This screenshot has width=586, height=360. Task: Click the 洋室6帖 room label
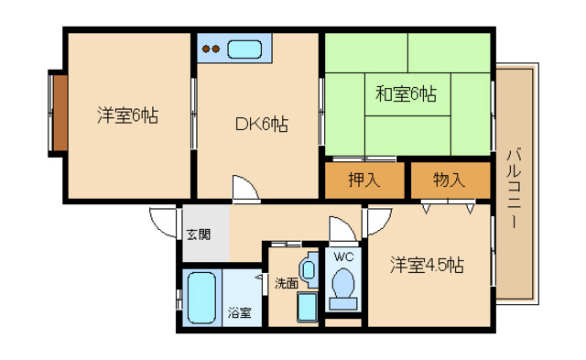[127, 115]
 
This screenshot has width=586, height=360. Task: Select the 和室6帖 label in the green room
[405, 93]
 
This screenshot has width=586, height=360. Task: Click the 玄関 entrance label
[198, 234]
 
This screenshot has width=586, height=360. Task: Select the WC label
[343, 256]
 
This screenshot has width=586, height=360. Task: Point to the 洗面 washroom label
[286, 283]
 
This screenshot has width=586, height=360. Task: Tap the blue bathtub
[201, 298]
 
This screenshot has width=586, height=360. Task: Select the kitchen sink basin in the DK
[244, 49]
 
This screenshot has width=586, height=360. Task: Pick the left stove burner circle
[207, 49]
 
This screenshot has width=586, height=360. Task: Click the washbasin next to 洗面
[309, 269]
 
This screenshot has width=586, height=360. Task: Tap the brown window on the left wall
[58, 113]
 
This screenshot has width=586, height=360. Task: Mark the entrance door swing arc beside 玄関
[163, 222]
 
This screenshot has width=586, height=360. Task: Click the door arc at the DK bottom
[244, 188]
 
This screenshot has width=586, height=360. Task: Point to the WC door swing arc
[341, 229]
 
